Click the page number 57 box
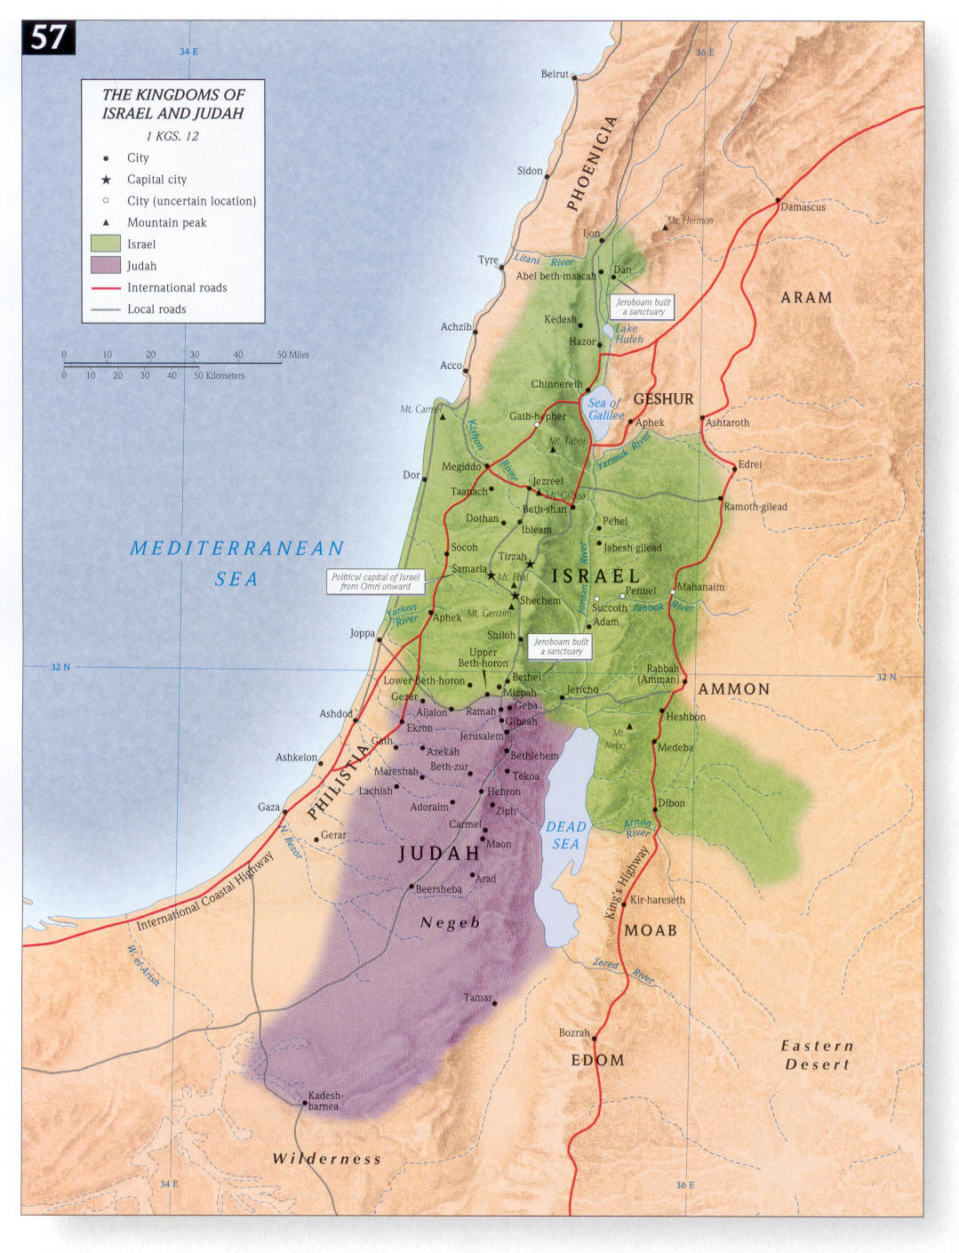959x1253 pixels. coord(48,38)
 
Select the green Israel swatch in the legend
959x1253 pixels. coord(105,244)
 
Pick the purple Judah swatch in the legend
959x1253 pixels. coord(105,265)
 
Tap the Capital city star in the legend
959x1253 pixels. coord(106,180)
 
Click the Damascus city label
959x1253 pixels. coord(803,207)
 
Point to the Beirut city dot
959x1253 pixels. coord(574,77)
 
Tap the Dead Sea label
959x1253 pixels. coord(565,835)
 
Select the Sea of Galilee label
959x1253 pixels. coord(605,409)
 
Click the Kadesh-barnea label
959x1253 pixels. coord(324,1101)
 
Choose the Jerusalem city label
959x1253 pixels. coord(481,736)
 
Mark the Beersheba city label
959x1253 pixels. coord(438,889)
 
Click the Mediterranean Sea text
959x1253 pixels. coord(236,563)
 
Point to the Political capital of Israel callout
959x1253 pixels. coord(375,582)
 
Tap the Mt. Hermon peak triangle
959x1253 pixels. coord(665,229)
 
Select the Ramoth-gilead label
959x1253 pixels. coord(755,507)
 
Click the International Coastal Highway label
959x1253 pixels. coord(204,893)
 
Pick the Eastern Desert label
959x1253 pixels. coord(817,1055)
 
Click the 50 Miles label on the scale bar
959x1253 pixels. coord(292,355)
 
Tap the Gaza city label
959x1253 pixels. coord(268,807)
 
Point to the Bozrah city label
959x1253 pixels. coord(573,1032)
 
